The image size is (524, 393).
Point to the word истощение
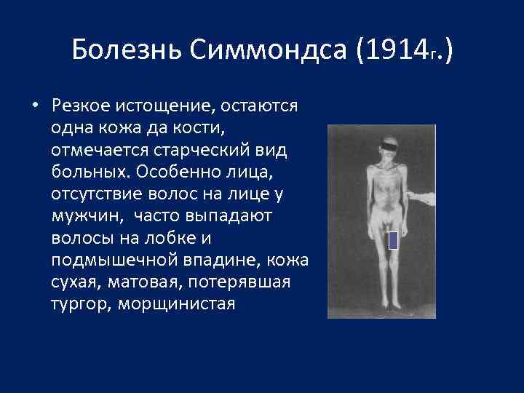(x=174, y=106)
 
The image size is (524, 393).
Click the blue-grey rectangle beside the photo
(x=393, y=239)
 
